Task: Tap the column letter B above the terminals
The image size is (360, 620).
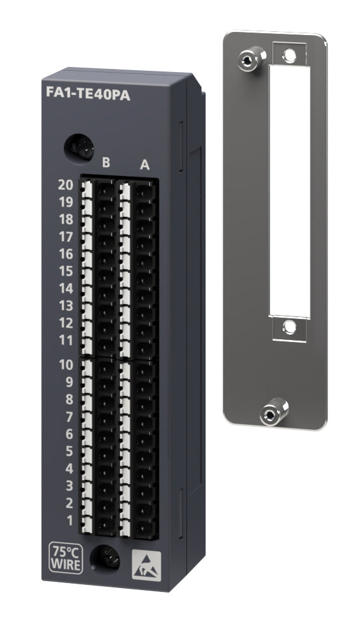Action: point(106,163)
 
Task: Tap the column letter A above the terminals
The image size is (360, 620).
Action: point(145,166)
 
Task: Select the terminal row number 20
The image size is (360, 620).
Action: point(66,186)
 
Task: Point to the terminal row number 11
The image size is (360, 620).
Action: point(66,340)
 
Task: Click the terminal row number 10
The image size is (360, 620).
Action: point(66,365)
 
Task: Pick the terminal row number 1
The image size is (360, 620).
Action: point(70,520)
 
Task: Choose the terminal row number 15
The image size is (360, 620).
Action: point(66,271)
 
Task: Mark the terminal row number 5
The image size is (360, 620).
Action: point(70,452)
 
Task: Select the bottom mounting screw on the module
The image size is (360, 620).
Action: point(105,559)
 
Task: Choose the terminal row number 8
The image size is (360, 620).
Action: point(70,400)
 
